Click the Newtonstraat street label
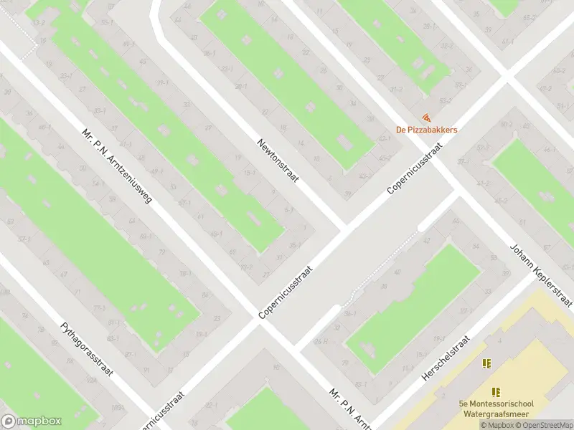(278, 161)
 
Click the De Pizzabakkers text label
(426, 130)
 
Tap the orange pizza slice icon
(427, 117)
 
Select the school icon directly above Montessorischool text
(495, 391)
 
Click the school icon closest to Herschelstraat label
(486, 363)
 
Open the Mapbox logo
(32, 421)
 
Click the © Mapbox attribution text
(497, 425)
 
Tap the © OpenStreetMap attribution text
(545, 425)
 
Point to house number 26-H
(321, 341)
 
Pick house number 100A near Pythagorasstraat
(116, 408)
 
